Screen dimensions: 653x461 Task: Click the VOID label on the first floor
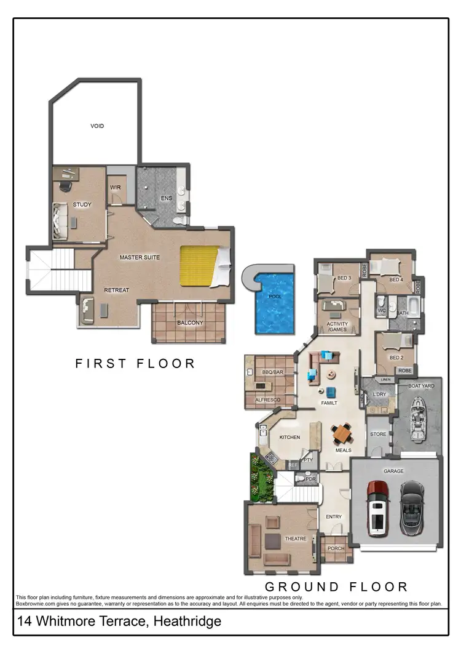[x=97, y=126]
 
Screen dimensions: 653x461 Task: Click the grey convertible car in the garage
[x=411, y=508]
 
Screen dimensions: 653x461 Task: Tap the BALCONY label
[x=190, y=323]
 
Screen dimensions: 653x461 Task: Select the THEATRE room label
[x=296, y=539]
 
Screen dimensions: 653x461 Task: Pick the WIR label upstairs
[x=115, y=187]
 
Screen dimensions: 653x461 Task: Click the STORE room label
[x=378, y=435]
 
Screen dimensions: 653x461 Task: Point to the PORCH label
[x=336, y=549]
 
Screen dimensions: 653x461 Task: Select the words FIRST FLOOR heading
[x=135, y=364]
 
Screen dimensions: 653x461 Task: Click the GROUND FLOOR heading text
[x=336, y=587]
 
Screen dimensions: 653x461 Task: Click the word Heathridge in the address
[x=186, y=622]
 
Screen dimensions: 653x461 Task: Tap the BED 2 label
[x=396, y=358]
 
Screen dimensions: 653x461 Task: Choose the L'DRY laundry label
[x=379, y=393]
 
